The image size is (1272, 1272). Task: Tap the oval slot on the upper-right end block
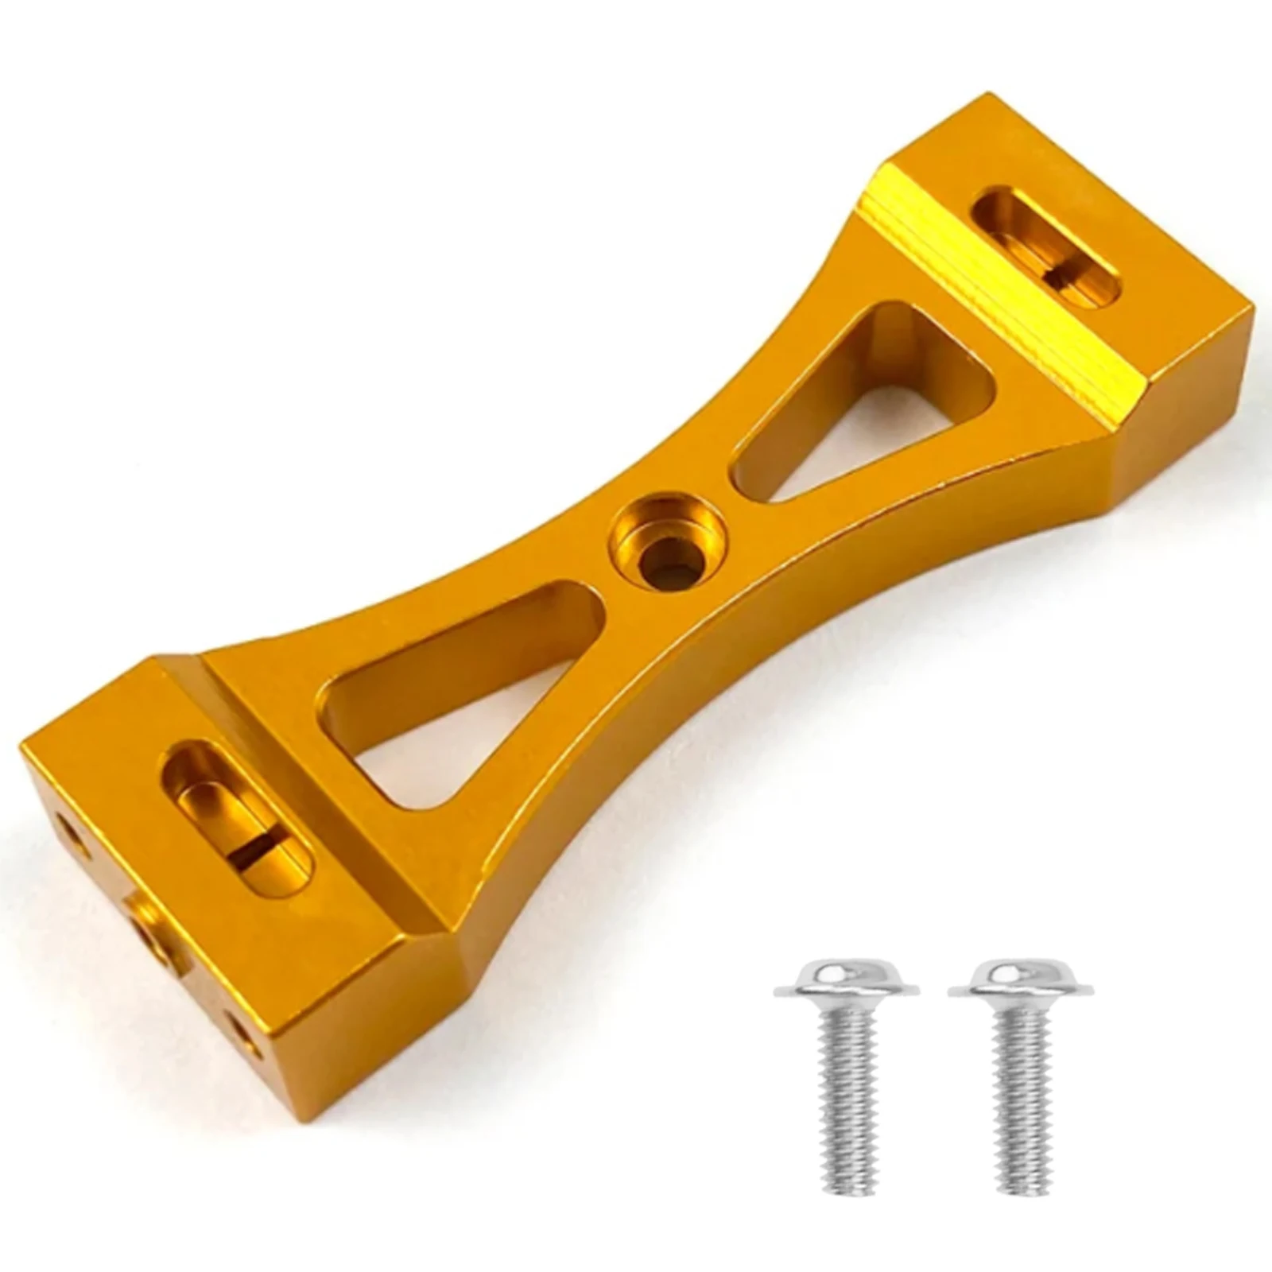1046,246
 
